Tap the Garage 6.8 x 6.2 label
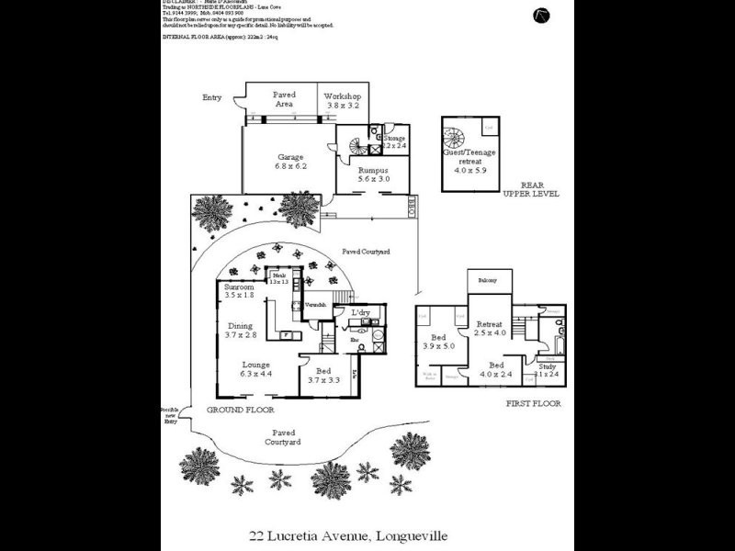(x=290, y=162)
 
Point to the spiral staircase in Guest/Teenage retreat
(x=456, y=140)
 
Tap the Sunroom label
(x=239, y=291)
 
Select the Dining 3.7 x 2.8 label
(x=240, y=331)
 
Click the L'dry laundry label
(x=360, y=314)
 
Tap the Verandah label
(x=317, y=304)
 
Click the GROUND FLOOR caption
(x=237, y=410)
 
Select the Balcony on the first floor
(x=488, y=281)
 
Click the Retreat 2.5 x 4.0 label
(x=491, y=328)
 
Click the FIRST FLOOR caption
(x=533, y=403)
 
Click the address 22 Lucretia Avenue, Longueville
(x=349, y=534)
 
